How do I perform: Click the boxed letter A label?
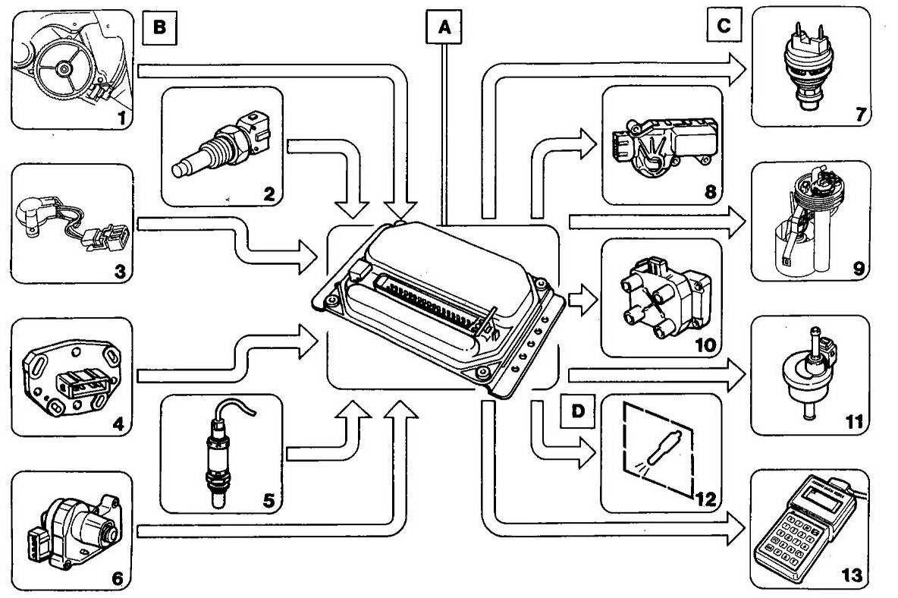444,28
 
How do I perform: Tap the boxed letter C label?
724,25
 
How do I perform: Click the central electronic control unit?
440,304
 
